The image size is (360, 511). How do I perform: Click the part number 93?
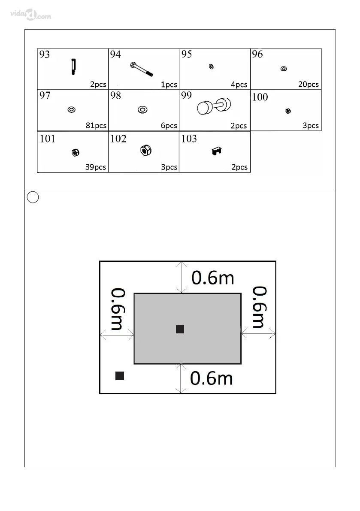click(x=45, y=54)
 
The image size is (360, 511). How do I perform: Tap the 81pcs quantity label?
click(x=96, y=126)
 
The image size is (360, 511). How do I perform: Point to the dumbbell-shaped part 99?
click(x=213, y=106)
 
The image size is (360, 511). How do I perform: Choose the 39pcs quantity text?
click(x=95, y=167)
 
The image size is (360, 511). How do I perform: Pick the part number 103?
click(x=189, y=139)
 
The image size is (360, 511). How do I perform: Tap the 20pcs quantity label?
click(x=309, y=85)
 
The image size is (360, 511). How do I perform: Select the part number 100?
click(x=260, y=97)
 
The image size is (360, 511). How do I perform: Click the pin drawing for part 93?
click(x=73, y=67)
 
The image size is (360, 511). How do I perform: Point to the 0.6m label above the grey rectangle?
click(x=213, y=278)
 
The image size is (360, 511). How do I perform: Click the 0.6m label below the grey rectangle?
click(x=212, y=378)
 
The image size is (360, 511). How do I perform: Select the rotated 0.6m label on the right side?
click(x=260, y=307)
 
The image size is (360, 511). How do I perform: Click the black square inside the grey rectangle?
click(x=180, y=329)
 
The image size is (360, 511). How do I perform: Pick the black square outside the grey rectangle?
click(x=120, y=376)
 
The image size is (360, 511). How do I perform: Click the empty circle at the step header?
click(x=33, y=197)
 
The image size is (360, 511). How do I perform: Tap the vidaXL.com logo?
click(x=30, y=16)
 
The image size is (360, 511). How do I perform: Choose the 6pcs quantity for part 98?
click(x=169, y=126)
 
